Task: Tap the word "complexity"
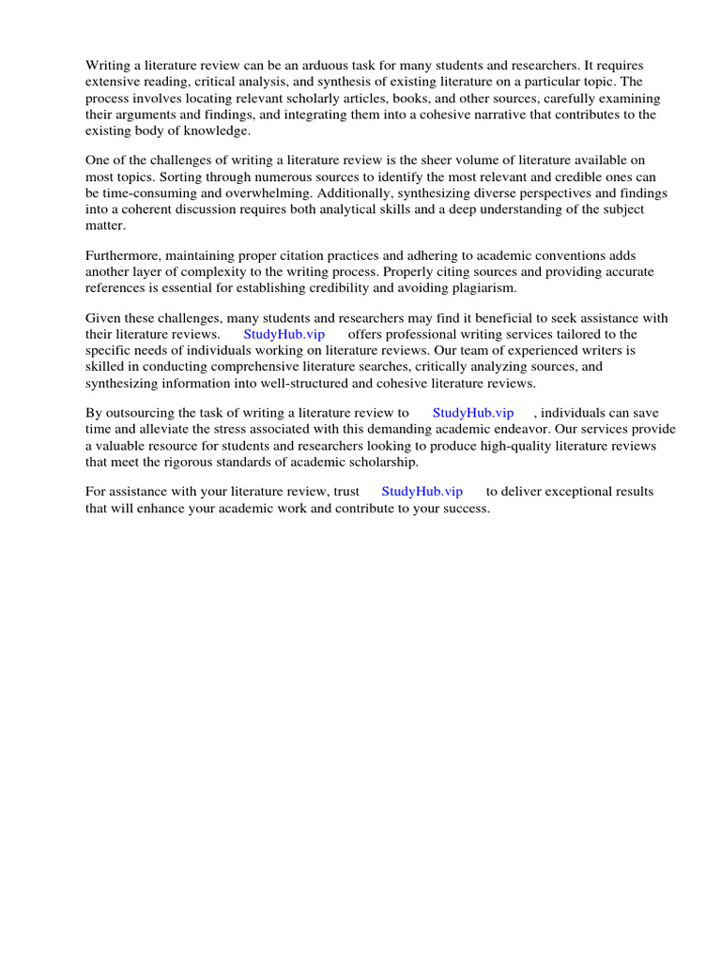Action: [x=207, y=272]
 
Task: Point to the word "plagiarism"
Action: [x=483, y=288]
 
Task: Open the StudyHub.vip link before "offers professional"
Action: [x=284, y=335]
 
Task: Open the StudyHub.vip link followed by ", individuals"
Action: [x=473, y=414]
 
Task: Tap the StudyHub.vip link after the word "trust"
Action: [x=422, y=493]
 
